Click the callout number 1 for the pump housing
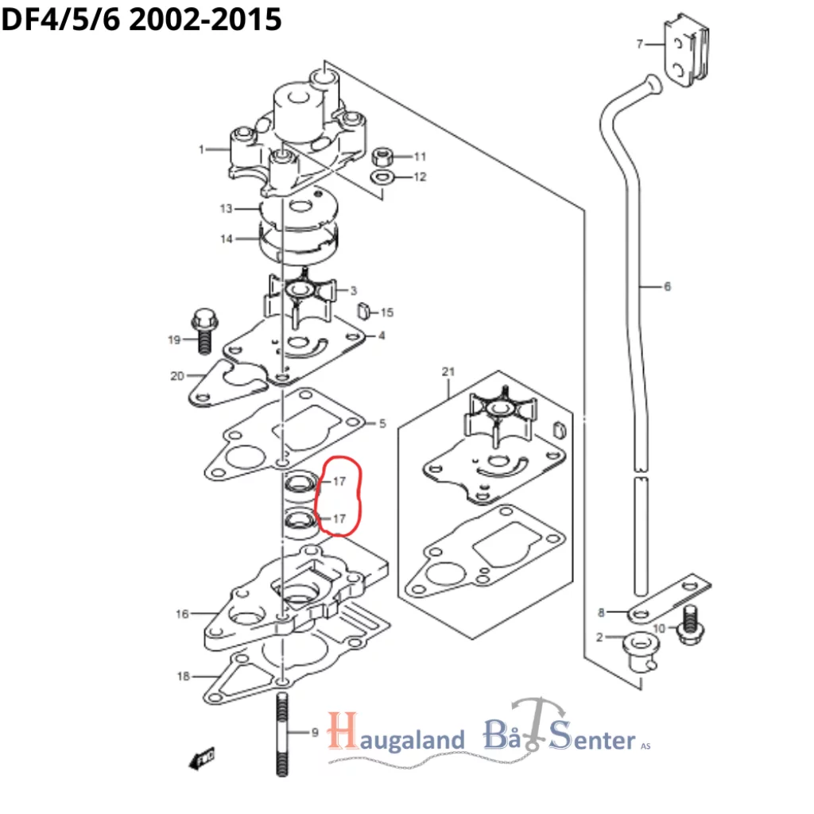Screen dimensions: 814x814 [x=202, y=149]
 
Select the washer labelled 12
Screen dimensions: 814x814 [x=382, y=176]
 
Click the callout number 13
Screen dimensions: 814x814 [x=227, y=209]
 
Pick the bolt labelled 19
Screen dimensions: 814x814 [x=201, y=329]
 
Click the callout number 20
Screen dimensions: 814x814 [x=176, y=376]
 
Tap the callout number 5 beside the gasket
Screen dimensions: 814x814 [x=382, y=424]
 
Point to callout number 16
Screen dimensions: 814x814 [x=183, y=614]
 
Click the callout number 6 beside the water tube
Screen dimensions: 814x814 [x=666, y=286]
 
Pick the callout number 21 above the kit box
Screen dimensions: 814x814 [x=448, y=372]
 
